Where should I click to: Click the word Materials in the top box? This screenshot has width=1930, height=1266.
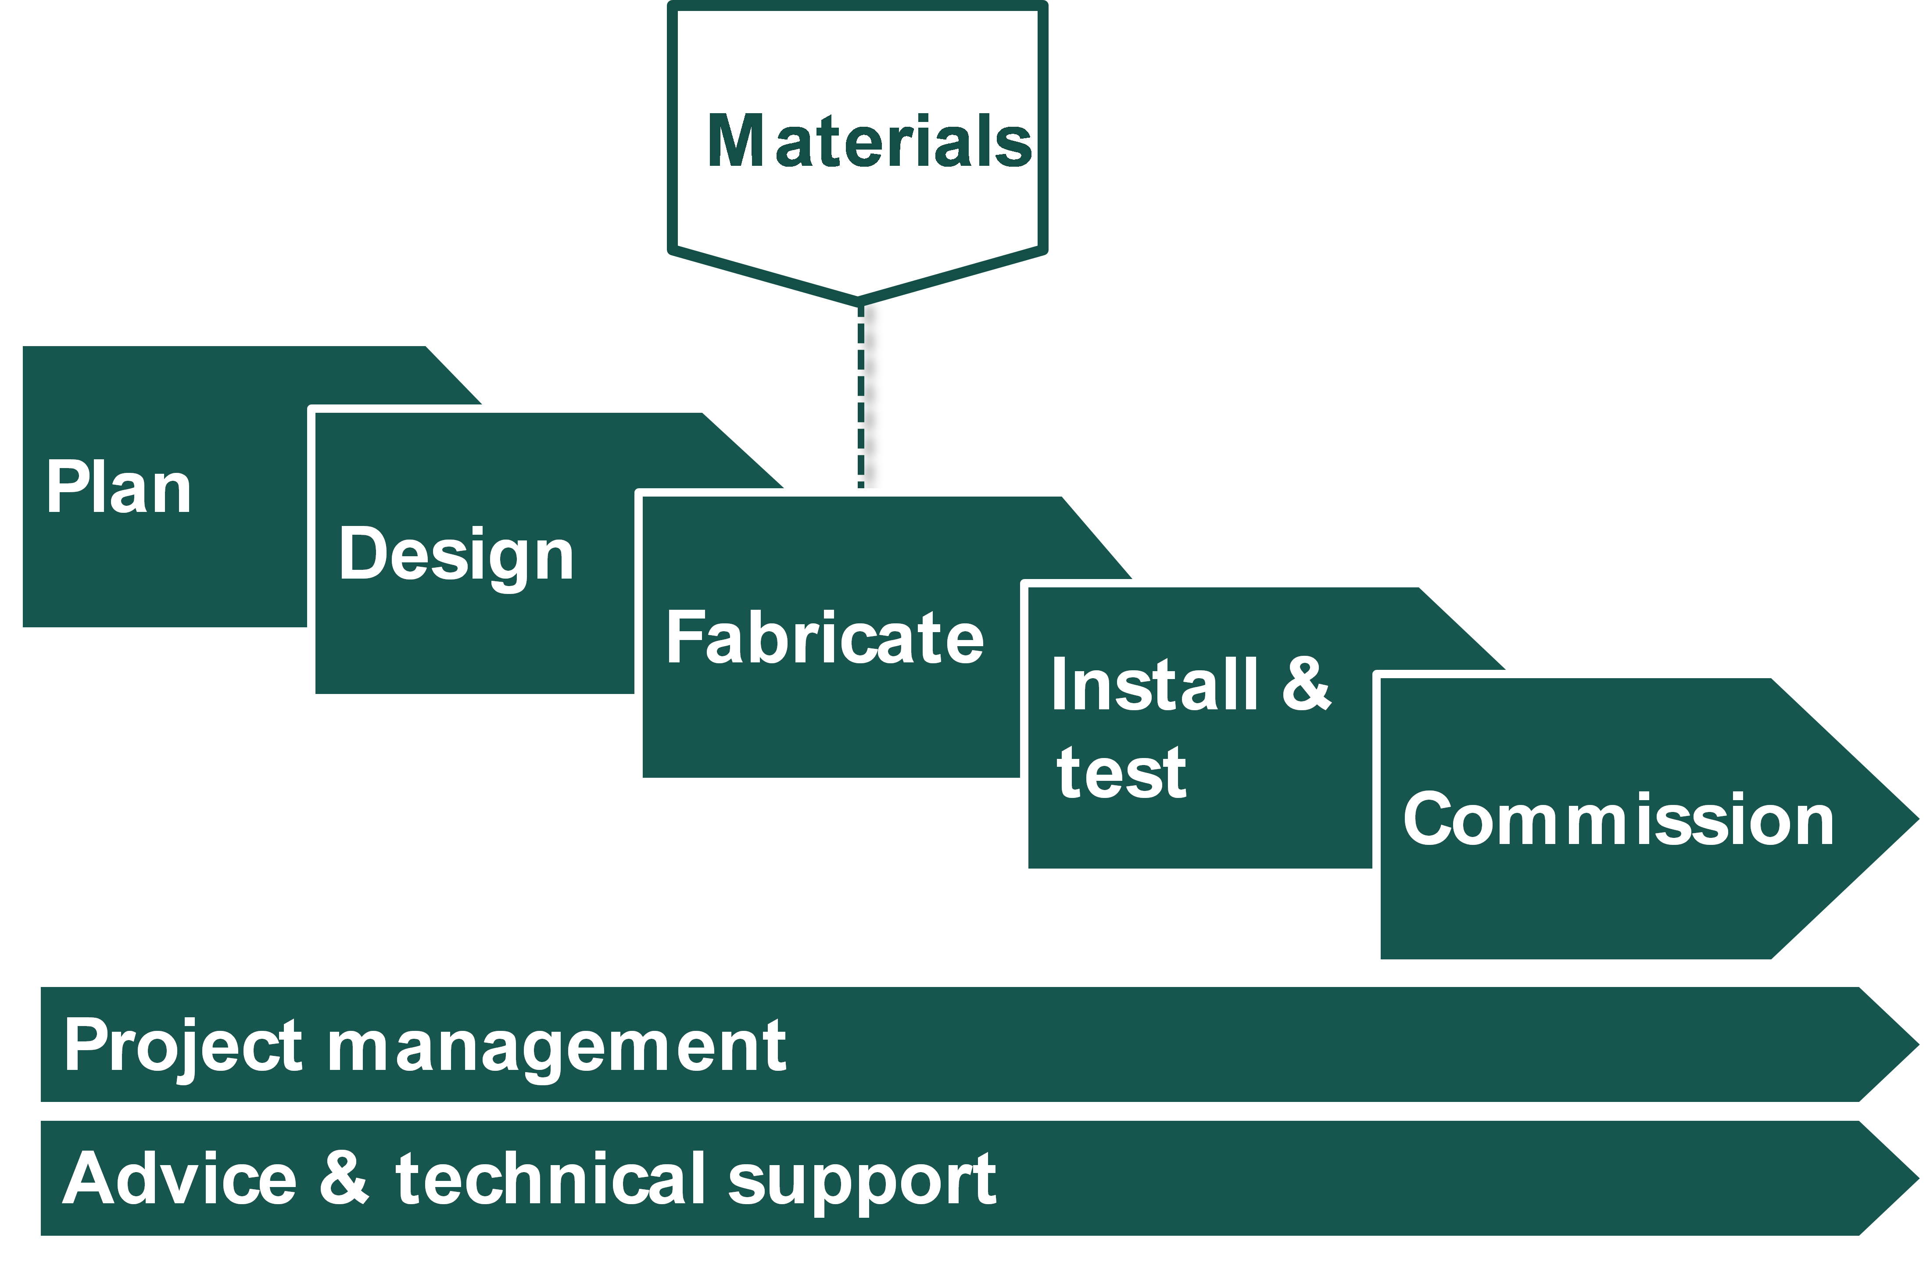pyautogui.click(x=869, y=142)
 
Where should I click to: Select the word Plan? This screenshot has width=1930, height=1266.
pyautogui.click(x=118, y=488)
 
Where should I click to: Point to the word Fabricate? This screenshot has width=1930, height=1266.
pyautogui.click(x=825, y=639)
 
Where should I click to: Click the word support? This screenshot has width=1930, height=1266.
pyautogui.click(x=862, y=1183)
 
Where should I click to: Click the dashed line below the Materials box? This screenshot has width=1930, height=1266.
pyautogui.click(x=860, y=397)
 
